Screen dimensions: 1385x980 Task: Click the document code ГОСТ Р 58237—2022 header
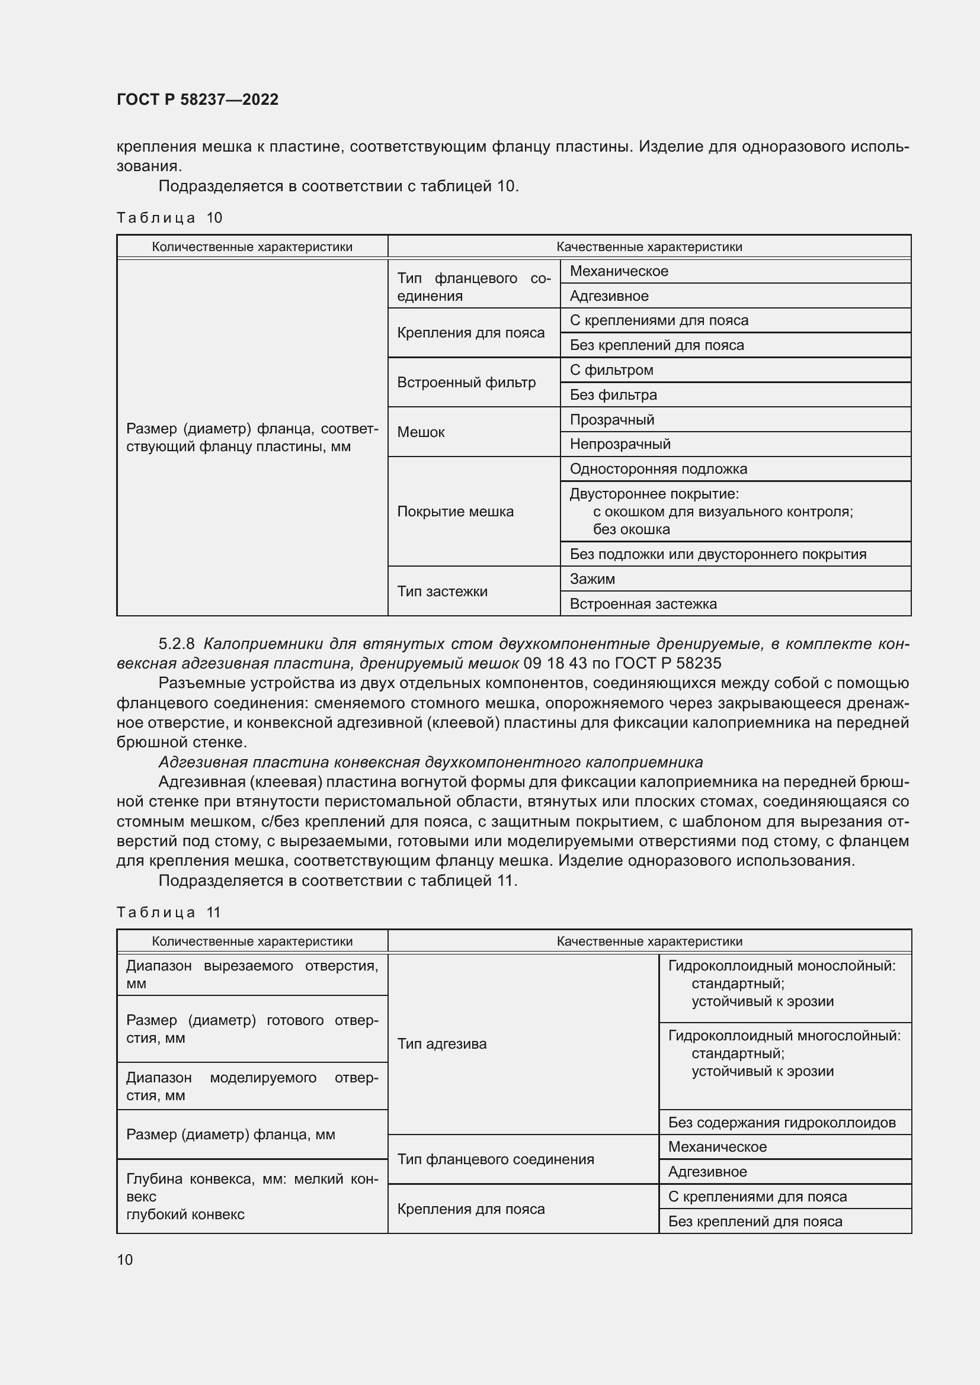tap(197, 99)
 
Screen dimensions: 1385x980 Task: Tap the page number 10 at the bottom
tap(125, 1259)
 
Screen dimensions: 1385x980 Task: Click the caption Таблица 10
tap(169, 218)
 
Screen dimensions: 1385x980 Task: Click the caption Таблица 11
tap(169, 912)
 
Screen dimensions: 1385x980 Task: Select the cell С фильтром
tap(611, 369)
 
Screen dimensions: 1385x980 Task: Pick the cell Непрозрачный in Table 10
tap(620, 444)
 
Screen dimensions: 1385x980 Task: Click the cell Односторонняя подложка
tap(658, 469)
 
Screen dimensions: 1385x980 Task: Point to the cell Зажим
tap(592, 579)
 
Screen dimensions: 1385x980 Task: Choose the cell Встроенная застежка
tap(643, 604)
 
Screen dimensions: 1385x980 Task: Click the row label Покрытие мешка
tap(455, 512)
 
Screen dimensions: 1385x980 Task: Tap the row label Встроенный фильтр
tap(466, 383)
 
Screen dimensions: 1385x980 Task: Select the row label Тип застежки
tap(442, 591)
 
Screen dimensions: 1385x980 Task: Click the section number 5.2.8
tap(176, 644)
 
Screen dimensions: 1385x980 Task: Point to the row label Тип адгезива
tap(442, 1043)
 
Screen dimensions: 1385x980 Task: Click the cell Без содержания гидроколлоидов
tap(782, 1123)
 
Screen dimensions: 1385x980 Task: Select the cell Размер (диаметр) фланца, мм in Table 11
tap(230, 1134)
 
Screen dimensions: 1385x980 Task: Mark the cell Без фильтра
tap(613, 395)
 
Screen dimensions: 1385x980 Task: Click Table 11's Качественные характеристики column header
tap(649, 941)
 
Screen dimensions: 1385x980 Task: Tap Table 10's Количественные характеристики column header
tap(252, 247)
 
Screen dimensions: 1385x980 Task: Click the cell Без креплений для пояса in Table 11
tap(754, 1222)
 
